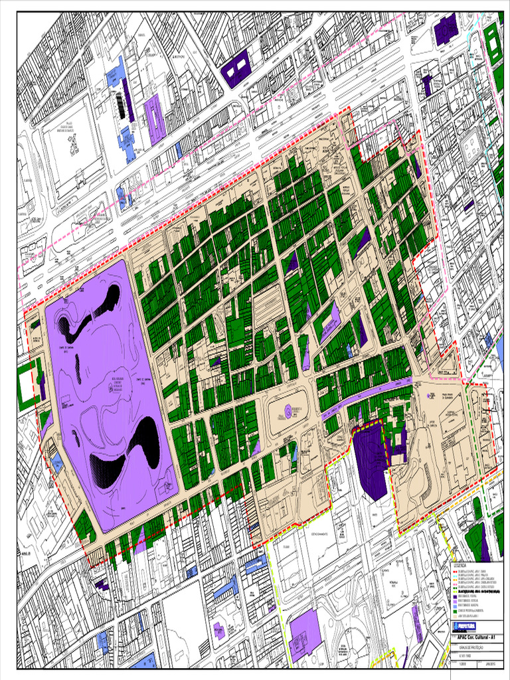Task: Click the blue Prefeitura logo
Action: pos(465,626)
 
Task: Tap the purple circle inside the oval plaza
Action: pos(288,412)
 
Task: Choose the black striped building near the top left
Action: pos(120,105)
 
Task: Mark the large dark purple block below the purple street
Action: pos(369,458)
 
